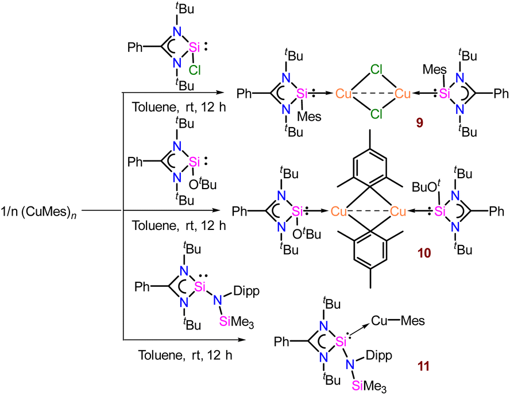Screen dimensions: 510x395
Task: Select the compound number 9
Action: tap(420, 123)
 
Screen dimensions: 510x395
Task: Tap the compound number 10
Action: tap(424, 253)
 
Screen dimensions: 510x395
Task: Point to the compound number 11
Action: tap(423, 366)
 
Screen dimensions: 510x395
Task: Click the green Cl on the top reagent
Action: tap(195, 70)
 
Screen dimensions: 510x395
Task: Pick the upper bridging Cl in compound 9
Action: tap(376, 70)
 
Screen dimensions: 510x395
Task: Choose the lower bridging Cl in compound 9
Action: tap(376, 114)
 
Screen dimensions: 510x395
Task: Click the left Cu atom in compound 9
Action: tap(344, 94)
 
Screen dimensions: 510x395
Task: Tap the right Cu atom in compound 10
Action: tap(398, 212)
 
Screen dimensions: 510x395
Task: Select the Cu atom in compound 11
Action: tap(379, 320)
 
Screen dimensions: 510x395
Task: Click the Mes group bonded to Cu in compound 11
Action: tap(413, 320)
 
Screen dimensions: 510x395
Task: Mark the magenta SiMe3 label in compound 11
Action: tap(369, 386)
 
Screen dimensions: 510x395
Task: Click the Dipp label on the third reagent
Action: tap(246, 291)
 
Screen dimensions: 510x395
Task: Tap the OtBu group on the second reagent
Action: tap(203, 185)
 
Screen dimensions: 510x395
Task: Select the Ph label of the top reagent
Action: tap(135, 48)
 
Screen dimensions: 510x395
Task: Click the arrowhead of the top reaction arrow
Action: tap(221, 93)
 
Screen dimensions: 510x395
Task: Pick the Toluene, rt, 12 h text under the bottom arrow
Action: tap(185, 355)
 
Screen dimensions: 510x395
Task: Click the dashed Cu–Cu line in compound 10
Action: tap(368, 212)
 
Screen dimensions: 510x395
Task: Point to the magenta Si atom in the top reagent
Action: tap(194, 48)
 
